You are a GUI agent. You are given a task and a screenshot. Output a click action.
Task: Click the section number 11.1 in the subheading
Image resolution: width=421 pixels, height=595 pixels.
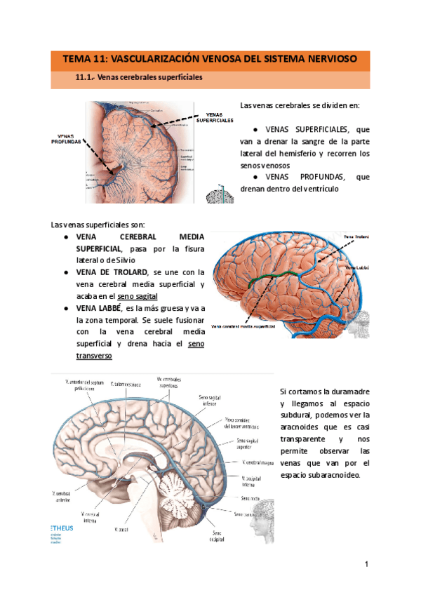point(85,78)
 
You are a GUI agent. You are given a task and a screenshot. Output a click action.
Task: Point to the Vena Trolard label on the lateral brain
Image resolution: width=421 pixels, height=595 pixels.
point(356,237)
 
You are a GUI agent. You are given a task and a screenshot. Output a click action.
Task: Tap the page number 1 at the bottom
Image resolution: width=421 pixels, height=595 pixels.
point(366,564)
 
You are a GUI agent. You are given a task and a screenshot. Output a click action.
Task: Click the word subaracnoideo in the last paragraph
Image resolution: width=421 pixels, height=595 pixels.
point(328,476)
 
